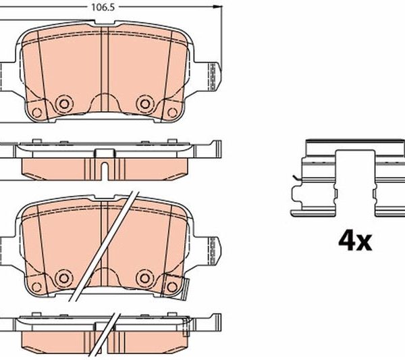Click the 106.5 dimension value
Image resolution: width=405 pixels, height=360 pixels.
point(103,7)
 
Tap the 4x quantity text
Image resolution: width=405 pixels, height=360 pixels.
point(356,241)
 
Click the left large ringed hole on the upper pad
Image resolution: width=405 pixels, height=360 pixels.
point(64,103)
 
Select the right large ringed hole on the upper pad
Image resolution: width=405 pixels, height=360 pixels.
point(145,103)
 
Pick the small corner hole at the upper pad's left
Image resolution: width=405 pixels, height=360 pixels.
point(37,113)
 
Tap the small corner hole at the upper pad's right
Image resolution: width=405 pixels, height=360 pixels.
point(172,113)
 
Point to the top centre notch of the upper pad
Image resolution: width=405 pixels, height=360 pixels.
point(105,23)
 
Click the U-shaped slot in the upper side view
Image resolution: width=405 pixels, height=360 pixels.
point(105,171)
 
